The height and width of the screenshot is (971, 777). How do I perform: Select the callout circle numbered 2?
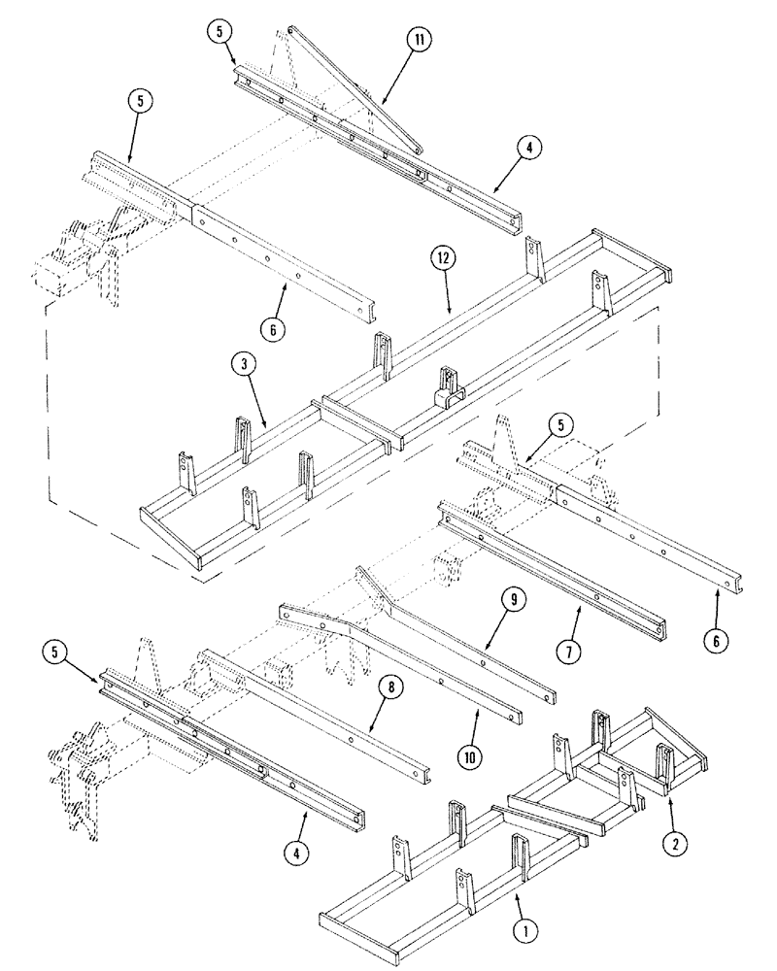point(670,844)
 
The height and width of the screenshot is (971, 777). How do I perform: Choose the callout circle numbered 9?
point(515,600)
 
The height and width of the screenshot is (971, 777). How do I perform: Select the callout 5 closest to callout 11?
point(221,30)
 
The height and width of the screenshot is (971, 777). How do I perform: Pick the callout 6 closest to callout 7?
point(718,642)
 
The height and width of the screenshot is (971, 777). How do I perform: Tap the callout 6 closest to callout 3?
point(275,330)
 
